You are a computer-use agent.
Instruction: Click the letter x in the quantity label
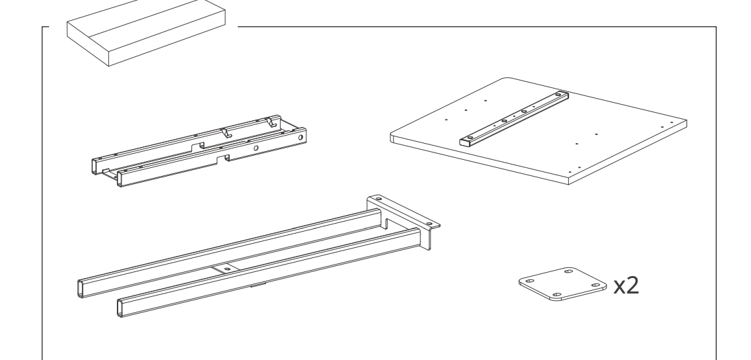[619, 287]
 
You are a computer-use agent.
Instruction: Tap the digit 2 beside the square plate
[632, 285]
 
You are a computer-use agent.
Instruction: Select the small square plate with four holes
[562, 284]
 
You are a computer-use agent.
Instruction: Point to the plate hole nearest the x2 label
[596, 285]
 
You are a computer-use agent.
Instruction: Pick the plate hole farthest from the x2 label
[530, 281]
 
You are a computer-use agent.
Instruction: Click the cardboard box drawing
[146, 32]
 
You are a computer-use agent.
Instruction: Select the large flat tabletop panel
[539, 131]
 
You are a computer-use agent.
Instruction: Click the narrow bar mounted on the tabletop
[515, 119]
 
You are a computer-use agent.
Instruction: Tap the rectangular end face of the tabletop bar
[465, 142]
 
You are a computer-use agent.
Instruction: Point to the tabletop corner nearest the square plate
[568, 183]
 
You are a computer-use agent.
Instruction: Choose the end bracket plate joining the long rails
[403, 221]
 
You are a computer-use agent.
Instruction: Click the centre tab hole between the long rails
[227, 269]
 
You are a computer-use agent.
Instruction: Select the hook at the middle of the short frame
[226, 132]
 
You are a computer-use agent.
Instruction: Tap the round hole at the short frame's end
[301, 138]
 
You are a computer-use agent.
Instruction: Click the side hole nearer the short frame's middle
[256, 148]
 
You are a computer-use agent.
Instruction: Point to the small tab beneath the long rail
[258, 285]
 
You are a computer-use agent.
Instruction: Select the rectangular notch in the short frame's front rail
[223, 159]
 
